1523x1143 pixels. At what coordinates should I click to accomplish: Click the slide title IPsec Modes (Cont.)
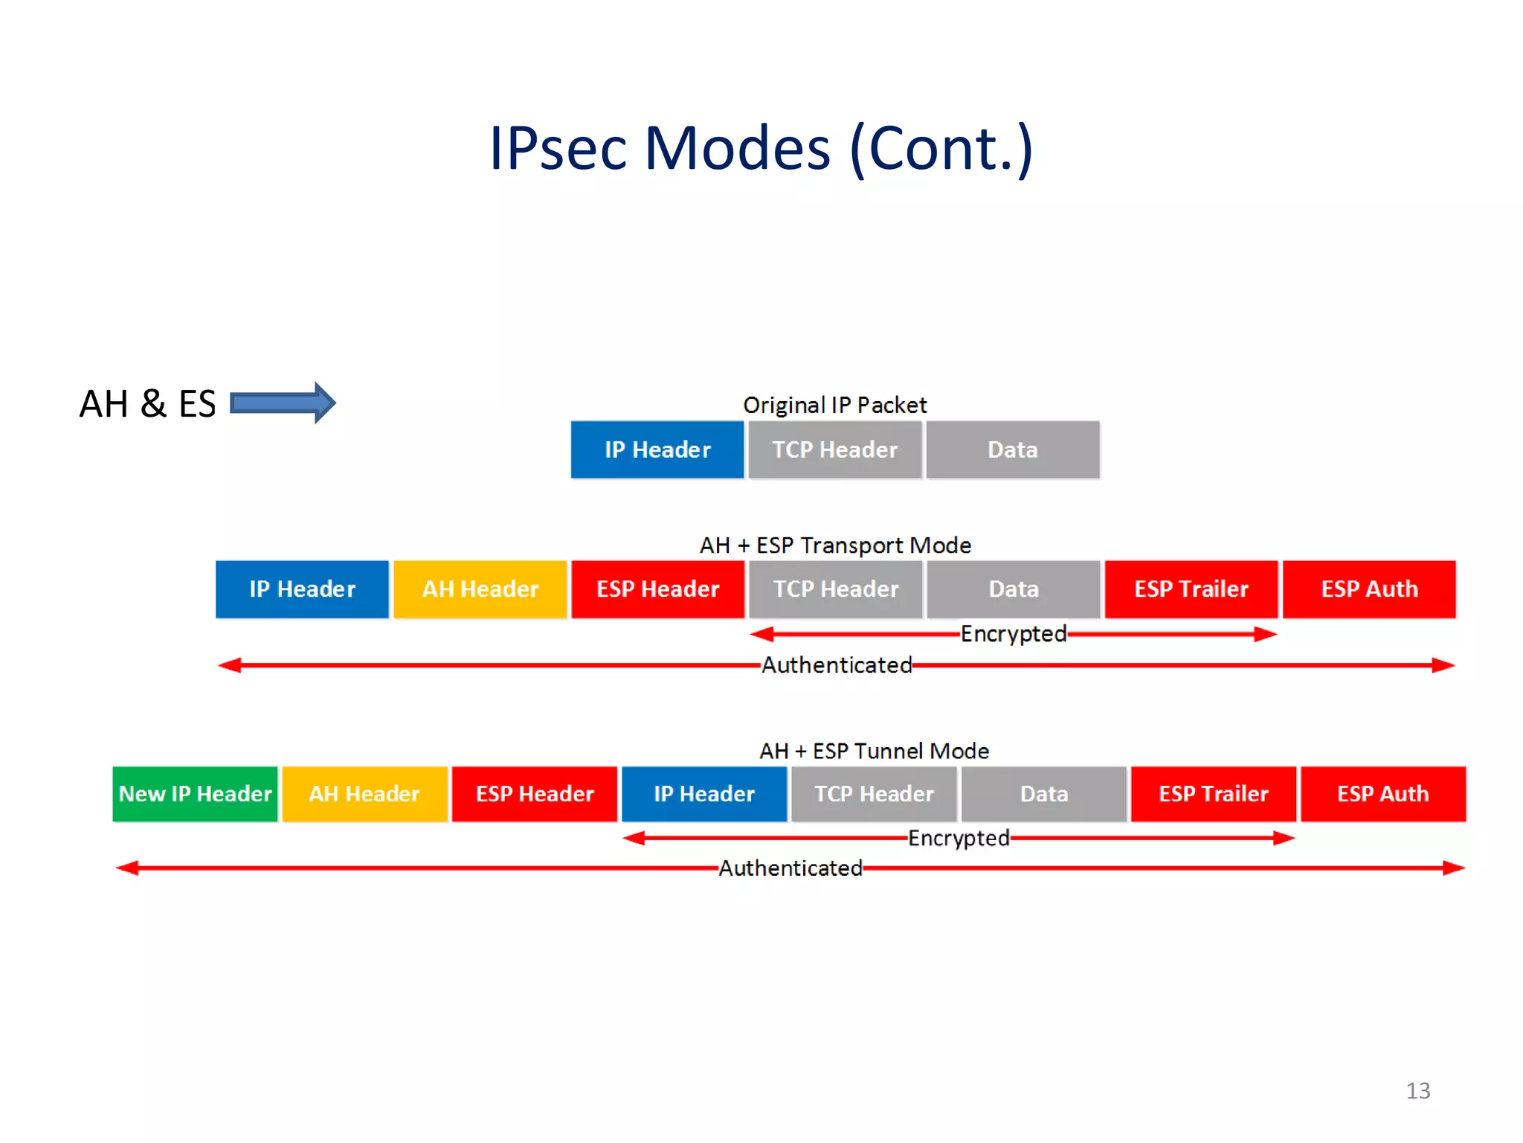(x=760, y=149)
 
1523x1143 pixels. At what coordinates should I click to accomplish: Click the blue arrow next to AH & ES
(x=283, y=403)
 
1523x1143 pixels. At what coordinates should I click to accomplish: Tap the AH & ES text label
(x=147, y=404)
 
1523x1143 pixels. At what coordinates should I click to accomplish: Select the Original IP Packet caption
(x=834, y=405)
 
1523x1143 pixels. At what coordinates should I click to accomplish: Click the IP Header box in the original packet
(x=657, y=449)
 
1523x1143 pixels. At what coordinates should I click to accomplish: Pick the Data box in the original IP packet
(x=1012, y=449)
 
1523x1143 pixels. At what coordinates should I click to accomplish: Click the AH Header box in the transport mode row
(x=480, y=589)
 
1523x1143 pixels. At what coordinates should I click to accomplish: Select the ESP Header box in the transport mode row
(x=657, y=589)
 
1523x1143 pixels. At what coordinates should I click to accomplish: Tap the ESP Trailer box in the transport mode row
(x=1191, y=589)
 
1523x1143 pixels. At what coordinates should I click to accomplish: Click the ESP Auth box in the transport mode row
(x=1368, y=589)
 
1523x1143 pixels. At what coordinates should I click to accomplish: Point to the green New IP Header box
(x=195, y=794)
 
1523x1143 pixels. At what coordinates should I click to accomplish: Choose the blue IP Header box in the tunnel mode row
(x=703, y=794)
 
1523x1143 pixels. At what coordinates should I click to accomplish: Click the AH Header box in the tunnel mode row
(x=364, y=794)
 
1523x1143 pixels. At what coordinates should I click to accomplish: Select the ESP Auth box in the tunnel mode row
(x=1382, y=794)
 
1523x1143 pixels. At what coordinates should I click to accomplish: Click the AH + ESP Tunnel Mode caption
(x=874, y=751)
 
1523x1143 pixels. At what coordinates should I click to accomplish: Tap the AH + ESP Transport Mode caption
(x=834, y=545)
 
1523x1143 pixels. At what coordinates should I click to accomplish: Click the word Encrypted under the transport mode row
(x=1013, y=634)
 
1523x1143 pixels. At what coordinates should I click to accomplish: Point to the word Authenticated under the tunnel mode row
(x=790, y=868)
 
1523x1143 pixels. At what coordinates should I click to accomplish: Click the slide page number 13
(x=1417, y=1091)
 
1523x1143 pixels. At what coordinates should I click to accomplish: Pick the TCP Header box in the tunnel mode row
(x=874, y=794)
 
